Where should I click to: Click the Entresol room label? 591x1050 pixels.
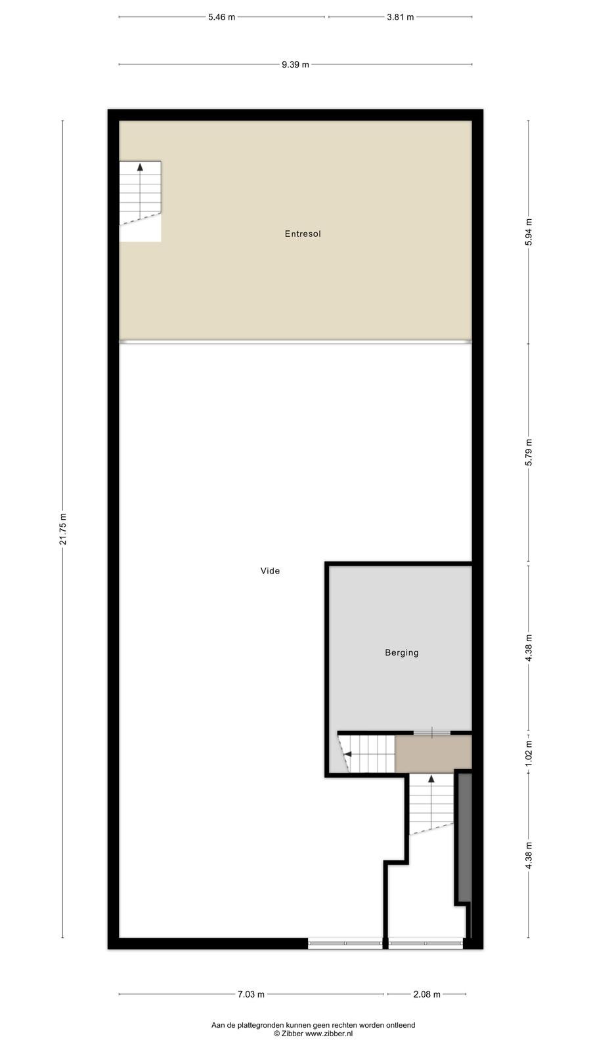pos(303,234)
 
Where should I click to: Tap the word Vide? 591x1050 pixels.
pos(270,570)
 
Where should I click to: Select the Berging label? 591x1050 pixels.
pos(401,652)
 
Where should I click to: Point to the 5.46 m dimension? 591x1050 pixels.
pos(221,17)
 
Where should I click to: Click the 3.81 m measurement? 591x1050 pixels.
pos(400,17)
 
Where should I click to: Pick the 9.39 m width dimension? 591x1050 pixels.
pos(295,65)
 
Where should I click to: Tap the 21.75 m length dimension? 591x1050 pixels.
pos(63,529)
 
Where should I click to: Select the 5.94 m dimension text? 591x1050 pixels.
pos(529,232)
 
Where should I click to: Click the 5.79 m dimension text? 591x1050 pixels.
pos(529,452)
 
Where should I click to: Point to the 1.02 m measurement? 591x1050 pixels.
pos(529,753)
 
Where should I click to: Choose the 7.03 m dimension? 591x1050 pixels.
pos(251,994)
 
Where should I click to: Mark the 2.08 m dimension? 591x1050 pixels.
pos(427,994)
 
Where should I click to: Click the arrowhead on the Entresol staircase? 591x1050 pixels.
pos(140,167)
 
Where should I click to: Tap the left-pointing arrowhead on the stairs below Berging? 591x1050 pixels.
pos(348,754)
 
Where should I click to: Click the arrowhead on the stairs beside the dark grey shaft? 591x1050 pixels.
pos(431,779)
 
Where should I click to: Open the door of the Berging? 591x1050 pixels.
pos(431,732)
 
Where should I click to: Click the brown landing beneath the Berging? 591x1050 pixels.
pos(433,754)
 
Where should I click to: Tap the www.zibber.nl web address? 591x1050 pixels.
pos(329,1033)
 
